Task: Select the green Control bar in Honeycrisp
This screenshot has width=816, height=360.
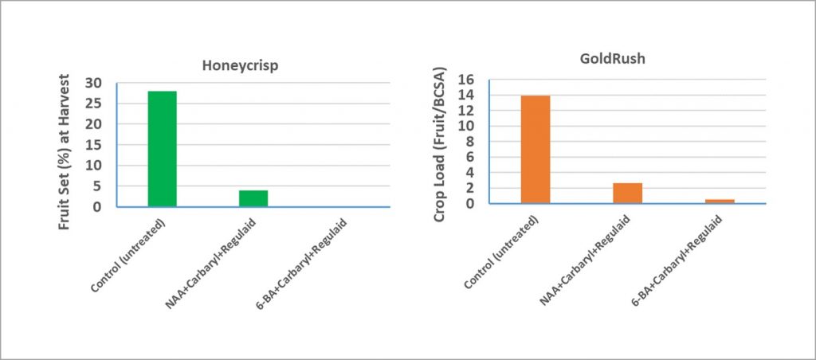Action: [162, 149]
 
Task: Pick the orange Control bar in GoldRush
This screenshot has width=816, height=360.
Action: [535, 150]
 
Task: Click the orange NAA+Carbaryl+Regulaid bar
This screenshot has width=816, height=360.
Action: [627, 194]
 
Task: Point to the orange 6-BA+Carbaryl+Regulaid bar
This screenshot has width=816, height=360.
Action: [720, 201]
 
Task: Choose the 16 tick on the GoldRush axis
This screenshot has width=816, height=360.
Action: [465, 80]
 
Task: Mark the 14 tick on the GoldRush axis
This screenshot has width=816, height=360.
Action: [465, 96]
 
